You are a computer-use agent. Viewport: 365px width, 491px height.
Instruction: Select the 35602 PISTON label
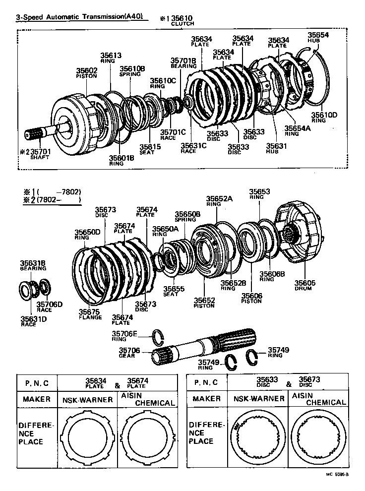pos(86,73)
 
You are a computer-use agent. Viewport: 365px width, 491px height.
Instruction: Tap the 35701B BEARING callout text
pos(183,62)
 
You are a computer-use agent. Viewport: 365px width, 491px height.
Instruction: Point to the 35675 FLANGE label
pos(90,314)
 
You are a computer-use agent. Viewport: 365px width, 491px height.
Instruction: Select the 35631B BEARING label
pos(33,265)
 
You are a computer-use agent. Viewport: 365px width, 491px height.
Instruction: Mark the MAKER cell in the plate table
pos(36,399)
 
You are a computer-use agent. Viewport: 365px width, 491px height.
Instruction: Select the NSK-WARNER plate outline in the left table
pos(87,436)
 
